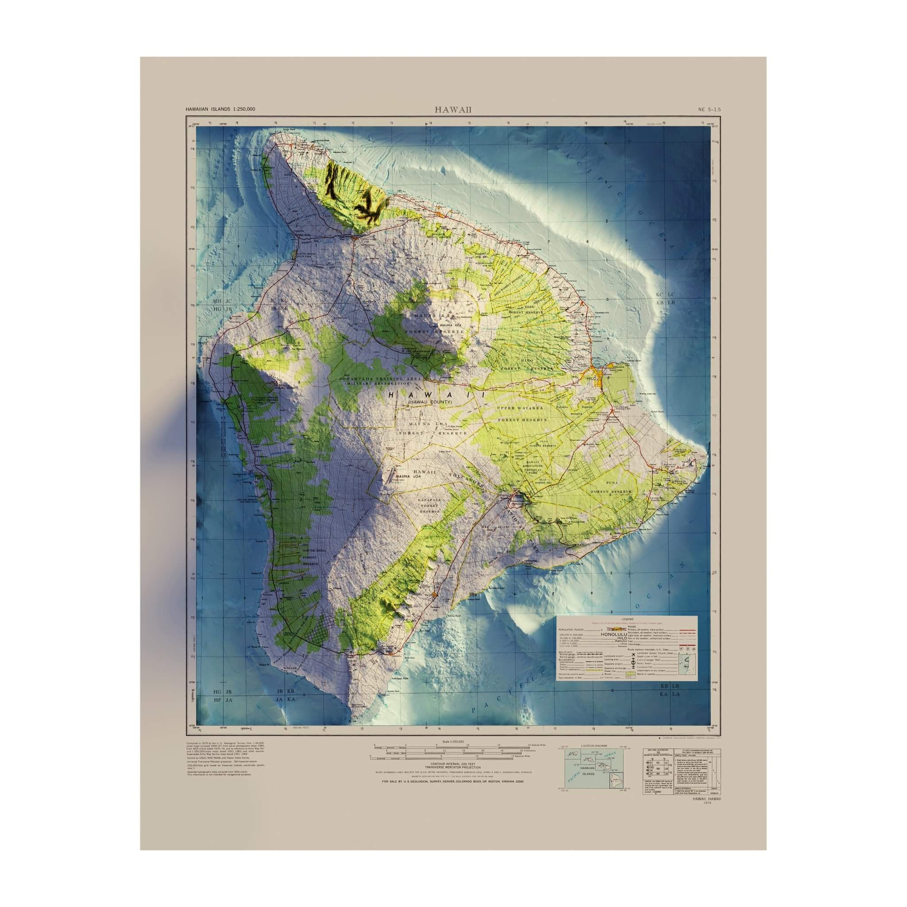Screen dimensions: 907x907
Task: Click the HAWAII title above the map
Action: tap(453, 110)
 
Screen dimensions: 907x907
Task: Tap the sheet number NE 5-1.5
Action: tap(709, 109)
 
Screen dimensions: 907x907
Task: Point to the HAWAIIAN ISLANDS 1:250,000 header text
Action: tap(220, 109)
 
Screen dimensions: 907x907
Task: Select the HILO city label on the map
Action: tap(591, 378)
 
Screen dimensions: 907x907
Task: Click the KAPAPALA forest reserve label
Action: tap(427, 501)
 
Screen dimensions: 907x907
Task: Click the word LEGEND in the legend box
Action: tap(627, 620)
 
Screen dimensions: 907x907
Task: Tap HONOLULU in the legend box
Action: tap(613, 634)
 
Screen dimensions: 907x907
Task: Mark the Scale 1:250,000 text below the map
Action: tap(453, 742)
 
